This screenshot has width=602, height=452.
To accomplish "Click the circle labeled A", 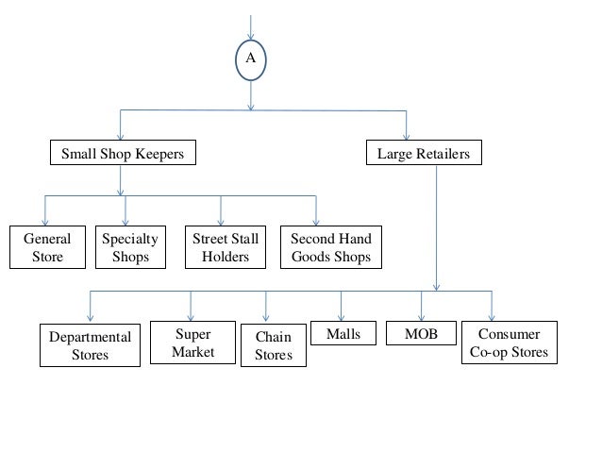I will [250, 59].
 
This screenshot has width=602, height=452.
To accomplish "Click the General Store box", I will [47, 247].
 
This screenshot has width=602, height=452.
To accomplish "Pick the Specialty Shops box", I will [130, 247].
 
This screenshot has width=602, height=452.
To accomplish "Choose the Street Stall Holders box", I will [225, 247].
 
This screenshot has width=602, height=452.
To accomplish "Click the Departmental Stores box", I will [91, 345].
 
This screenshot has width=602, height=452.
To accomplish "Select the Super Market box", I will [192, 343].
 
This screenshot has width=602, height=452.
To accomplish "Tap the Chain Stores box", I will [274, 346].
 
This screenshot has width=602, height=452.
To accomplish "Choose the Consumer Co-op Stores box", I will [509, 344].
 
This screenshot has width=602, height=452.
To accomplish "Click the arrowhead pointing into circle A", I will [250, 39].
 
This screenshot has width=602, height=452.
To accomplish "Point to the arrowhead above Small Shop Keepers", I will [120, 136].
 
